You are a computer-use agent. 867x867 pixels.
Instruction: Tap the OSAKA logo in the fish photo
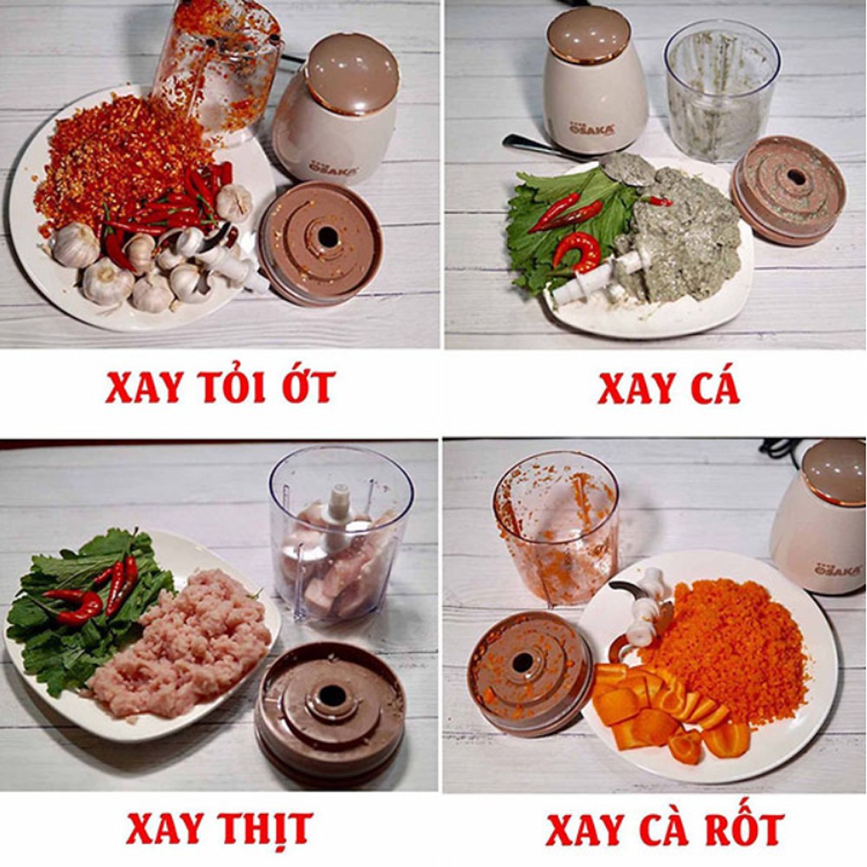[x=591, y=129]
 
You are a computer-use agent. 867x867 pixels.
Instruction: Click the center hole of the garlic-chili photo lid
[x=328, y=238]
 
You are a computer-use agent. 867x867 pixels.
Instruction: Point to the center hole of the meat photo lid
[x=332, y=695]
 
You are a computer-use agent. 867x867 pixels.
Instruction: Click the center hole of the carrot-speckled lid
[x=522, y=662]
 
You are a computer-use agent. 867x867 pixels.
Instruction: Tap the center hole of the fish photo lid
[x=796, y=178]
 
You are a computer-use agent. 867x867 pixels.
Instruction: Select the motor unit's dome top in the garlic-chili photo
[x=353, y=73]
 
